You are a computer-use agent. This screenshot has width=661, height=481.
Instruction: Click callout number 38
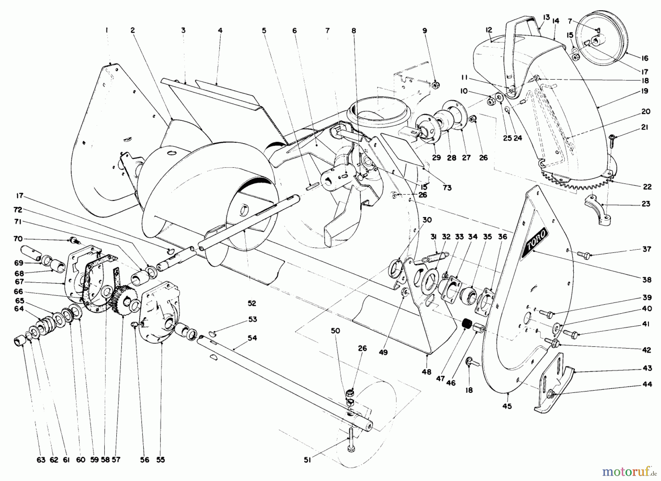point(647,280)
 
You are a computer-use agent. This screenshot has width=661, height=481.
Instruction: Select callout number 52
point(252,304)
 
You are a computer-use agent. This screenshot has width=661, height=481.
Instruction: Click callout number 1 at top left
point(106,31)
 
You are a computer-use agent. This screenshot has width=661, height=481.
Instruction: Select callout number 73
point(447,188)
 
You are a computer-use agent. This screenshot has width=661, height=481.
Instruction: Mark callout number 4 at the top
point(220,31)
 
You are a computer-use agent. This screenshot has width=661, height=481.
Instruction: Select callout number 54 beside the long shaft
point(252,338)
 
